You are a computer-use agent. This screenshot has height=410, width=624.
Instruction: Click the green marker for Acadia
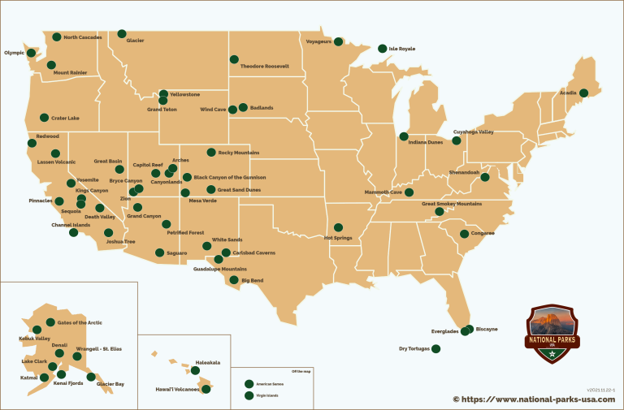[x=583, y=93]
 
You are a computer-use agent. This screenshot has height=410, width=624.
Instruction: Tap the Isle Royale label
[x=402, y=49]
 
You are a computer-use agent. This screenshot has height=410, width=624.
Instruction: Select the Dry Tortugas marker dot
[x=435, y=348]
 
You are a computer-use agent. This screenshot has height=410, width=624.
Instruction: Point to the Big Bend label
[x=252, y=280]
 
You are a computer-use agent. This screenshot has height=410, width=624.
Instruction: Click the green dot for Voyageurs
[x=339, y=37]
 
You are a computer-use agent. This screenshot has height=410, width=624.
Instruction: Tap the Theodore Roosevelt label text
[x=265, y=66]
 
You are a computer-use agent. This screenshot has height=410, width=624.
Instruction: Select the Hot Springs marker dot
[x=339, y=227]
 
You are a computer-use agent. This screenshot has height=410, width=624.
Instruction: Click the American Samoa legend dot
[x=249, y=383]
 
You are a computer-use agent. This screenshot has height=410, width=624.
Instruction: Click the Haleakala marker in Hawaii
[x=195, y=370]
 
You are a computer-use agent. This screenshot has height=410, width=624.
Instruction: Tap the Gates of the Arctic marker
[x=50, y=322]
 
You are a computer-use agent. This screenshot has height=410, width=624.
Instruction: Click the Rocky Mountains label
[x=239, y=152]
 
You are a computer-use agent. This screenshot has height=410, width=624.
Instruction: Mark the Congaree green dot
[x=464, y=234]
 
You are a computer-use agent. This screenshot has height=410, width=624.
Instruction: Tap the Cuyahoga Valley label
[x=473, y=132]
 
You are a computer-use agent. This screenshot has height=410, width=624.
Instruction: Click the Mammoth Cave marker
[x=409, y=192]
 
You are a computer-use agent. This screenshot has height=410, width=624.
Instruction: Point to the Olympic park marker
[x=32, y=53]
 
